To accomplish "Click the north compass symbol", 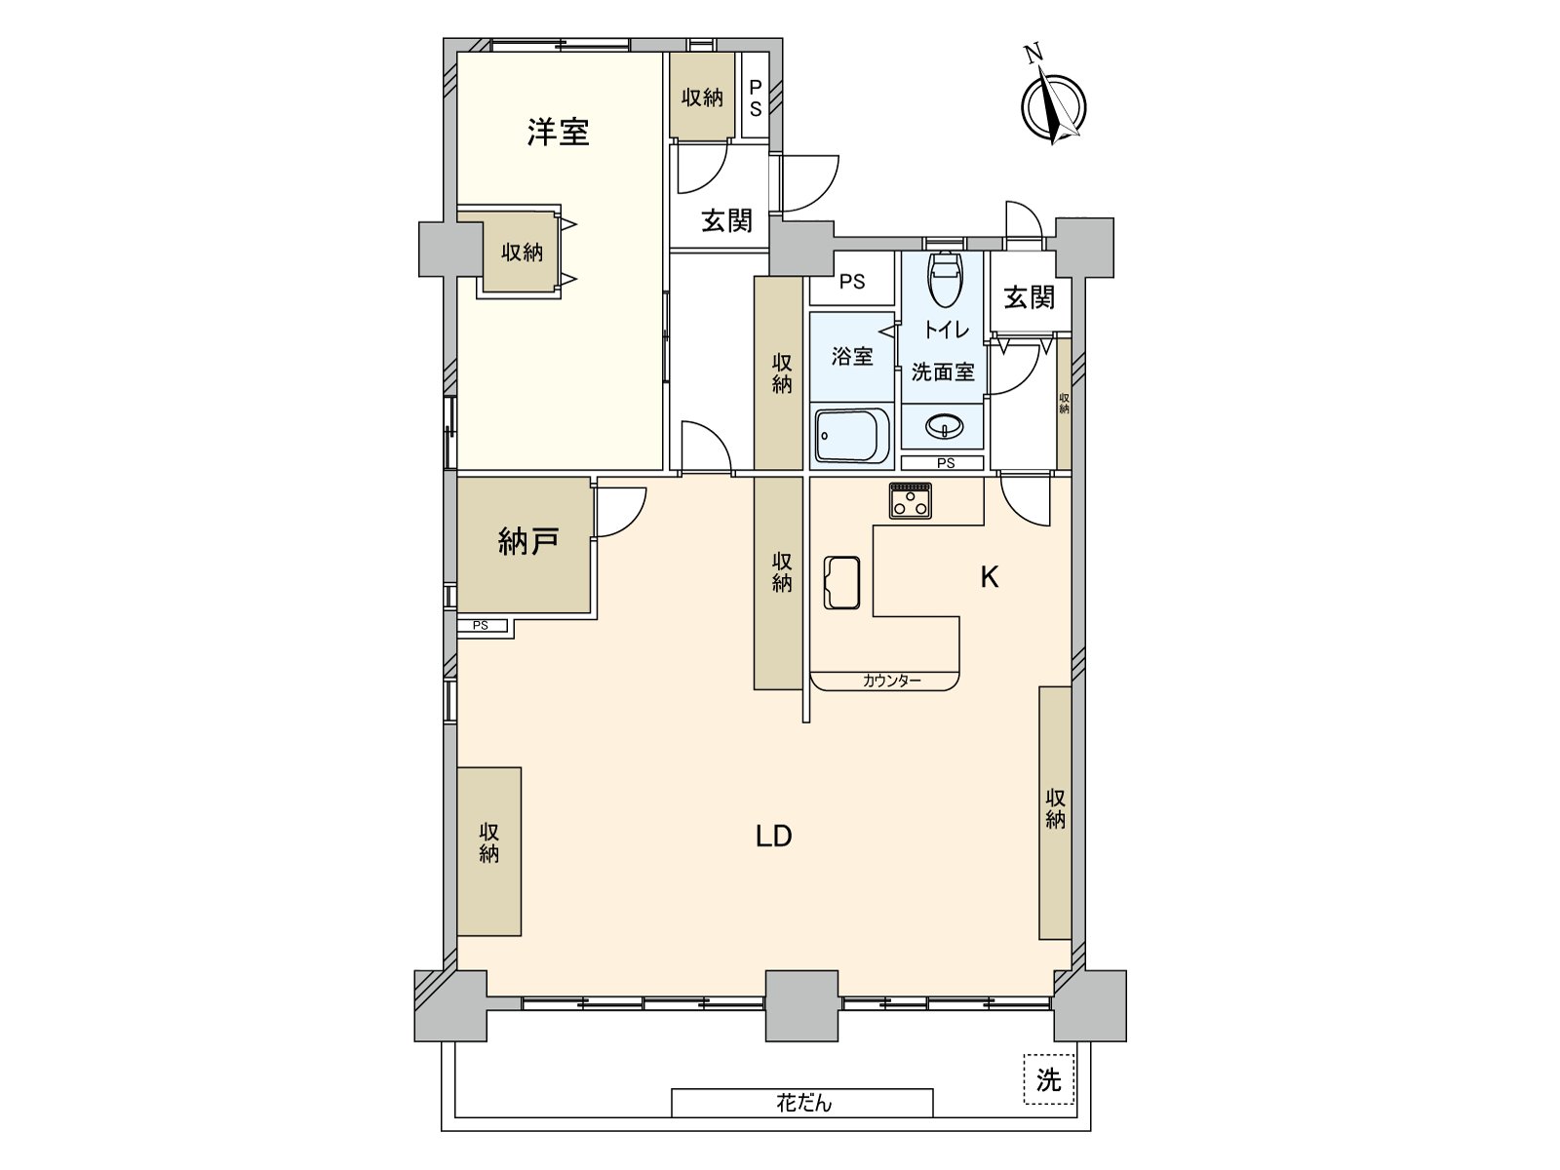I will pyautogui.click(x=1052, y=104).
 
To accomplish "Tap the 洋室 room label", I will pyautogui.click(x=558, y=132).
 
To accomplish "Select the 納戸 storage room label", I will pyautogui.click(x=527, y=541).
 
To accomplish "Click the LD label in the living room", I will pyautogui.click(x=773, y=836).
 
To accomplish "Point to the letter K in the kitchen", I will pyautogui.click(x=989, y=577).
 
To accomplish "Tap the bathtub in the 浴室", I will pyautogui.click(x=852, y=435).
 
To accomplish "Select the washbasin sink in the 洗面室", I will pyautogui.click(x=944, y=426).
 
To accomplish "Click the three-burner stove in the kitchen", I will pyautogui.click(x=910, y=501).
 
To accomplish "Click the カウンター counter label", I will pyautogui.click(x=891, y=681).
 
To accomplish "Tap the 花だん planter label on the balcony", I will pyautogui.click(x=803, y=1103).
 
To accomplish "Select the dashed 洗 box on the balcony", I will pyautogui.click(x=1048, y=1079).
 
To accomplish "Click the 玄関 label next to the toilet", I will pyautogui.click(x=1029, y=296).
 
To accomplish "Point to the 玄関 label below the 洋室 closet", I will pyautogui.click(x=726, y=220).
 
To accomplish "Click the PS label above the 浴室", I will pyautogui.click(x=851, y=282).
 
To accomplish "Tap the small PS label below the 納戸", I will pyautogui.click(x=481, y=626).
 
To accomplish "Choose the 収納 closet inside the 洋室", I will pyautogui.click(x=522, y=253).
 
